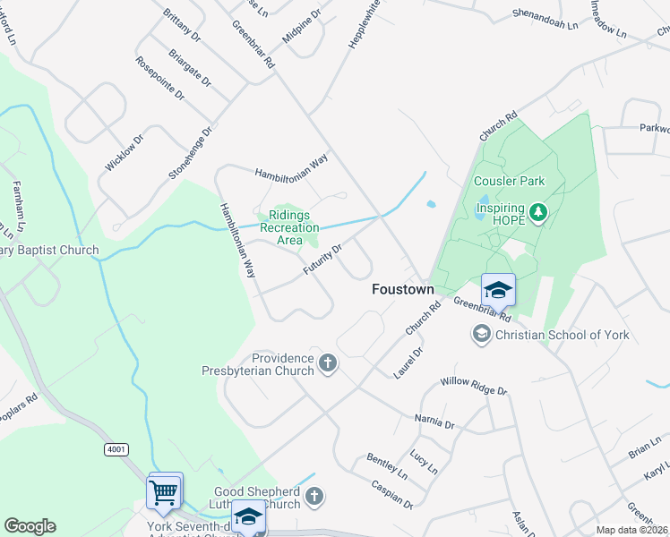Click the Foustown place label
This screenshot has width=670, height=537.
tap(403, 290)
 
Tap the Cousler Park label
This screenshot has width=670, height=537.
tap(509, 181)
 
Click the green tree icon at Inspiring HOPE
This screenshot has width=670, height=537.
tap(537, 212)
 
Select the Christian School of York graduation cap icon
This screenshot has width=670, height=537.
tap(482, 335)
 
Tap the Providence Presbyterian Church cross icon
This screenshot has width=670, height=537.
tap(328, 363)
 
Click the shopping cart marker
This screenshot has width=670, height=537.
tap(165, 491)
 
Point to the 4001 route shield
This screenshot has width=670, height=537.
tap(116, 448)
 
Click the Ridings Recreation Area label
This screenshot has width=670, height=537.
tap(289, 227)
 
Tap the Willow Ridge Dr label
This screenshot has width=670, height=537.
tap(473, 387)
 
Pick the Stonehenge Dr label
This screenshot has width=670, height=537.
tap(191, 152)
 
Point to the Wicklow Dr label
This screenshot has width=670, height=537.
tap(124, 153)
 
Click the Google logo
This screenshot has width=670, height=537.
tap(30, 526)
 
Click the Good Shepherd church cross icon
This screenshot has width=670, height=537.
tap(314, 496)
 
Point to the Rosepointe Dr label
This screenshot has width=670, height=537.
tap(160, 78)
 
